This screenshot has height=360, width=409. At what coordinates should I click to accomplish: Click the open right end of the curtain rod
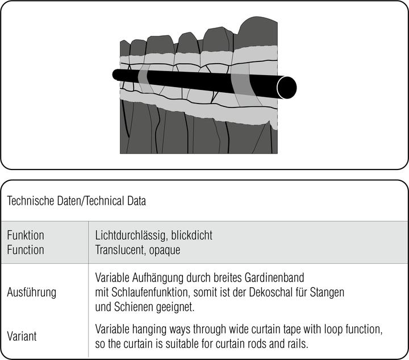click(x=286, y=86)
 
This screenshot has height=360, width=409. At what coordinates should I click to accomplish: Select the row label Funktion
click(x=26, y=235)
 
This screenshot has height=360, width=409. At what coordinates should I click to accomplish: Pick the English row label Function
click(x=26, y=249)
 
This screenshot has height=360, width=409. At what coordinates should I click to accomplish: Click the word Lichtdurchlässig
click(x=127, y=235)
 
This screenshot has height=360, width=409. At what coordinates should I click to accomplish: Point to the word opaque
click(x=165, y=249)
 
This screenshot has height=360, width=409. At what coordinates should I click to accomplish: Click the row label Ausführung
click(x=31, y=293)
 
